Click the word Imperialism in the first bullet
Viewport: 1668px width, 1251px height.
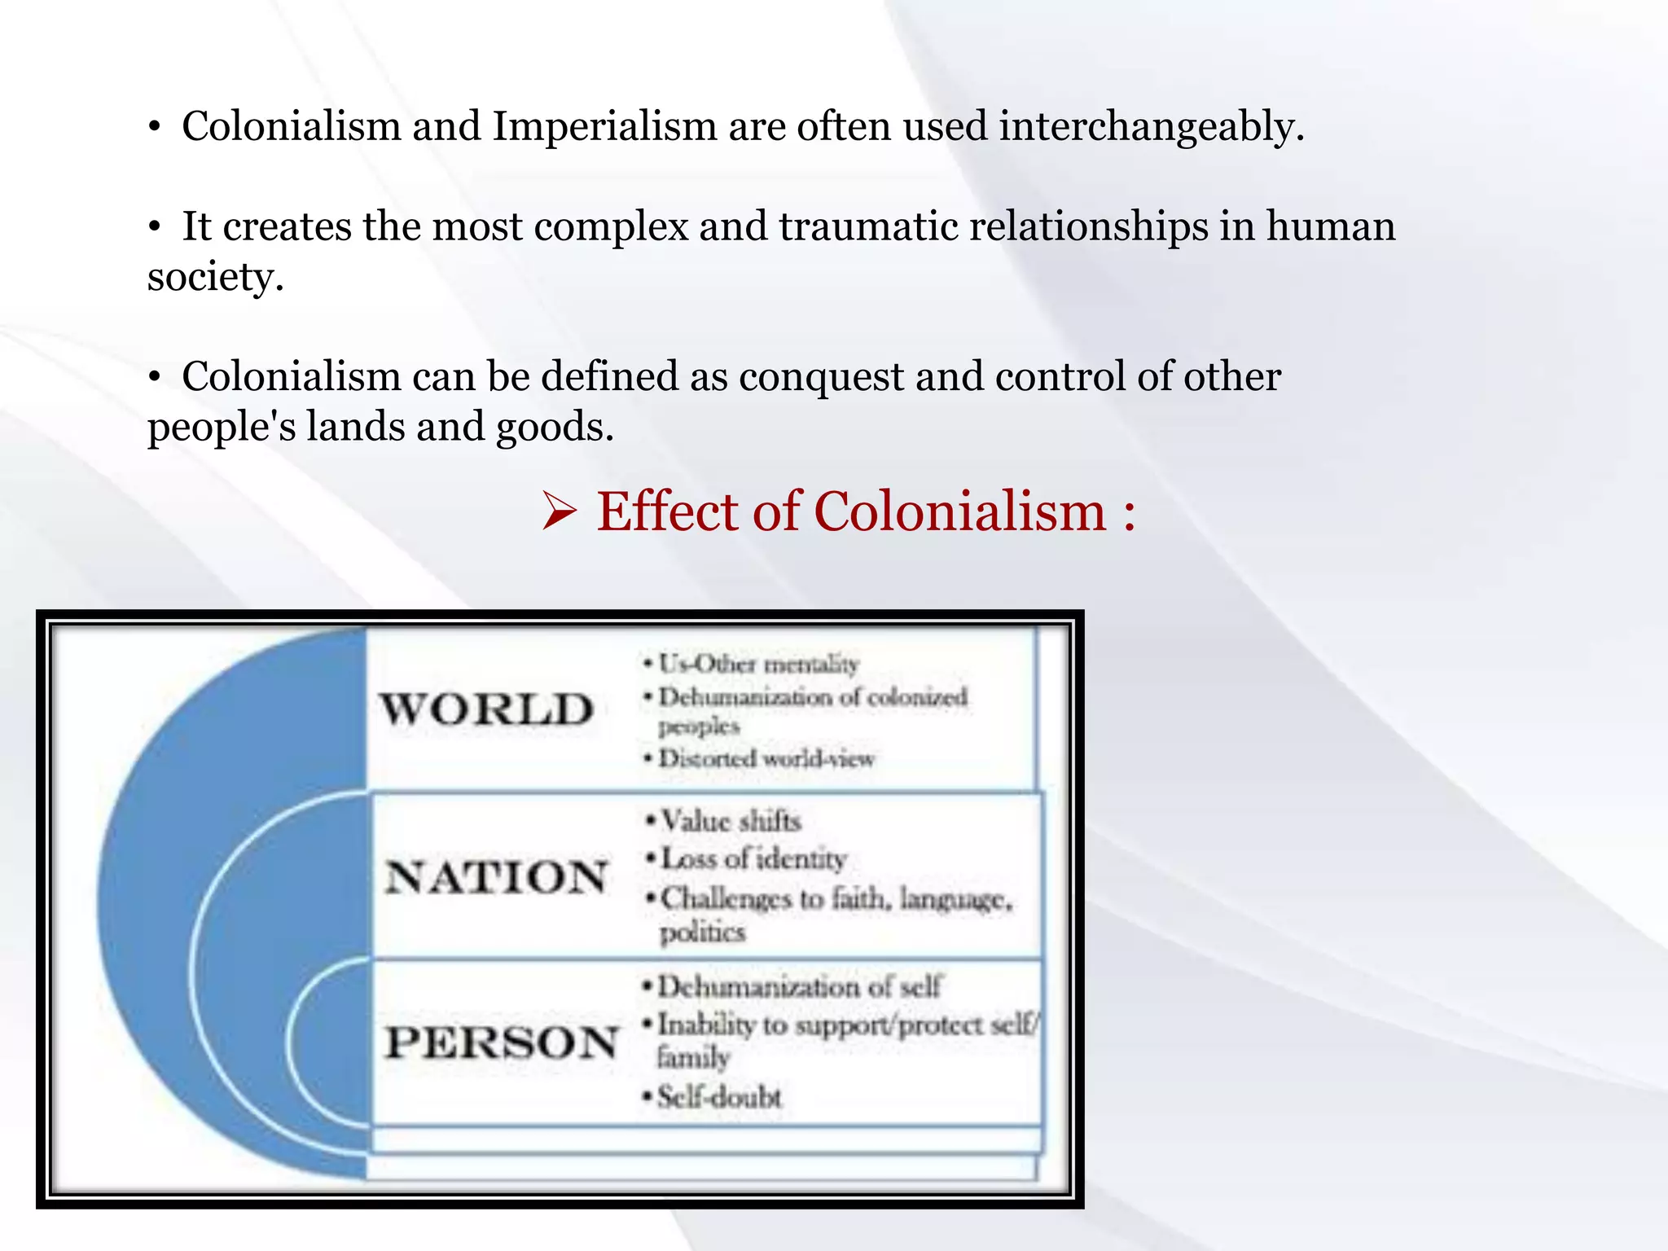[x=604, y=127]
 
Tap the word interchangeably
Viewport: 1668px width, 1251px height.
[x=1152, y=127]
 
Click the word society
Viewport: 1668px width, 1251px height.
[x=215, y=277]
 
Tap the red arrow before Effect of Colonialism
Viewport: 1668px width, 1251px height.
[x=560, y=513]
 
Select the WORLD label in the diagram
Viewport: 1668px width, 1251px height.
[x=487, y=709]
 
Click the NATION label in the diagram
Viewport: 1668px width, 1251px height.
[x=496, y=877]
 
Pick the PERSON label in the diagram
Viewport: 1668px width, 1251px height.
[x=502, y=1042]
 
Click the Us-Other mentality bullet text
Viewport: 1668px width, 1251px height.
[x=757, y=664]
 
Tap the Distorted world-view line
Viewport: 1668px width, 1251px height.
[x=766, y=759]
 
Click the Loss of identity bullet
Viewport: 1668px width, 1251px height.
[x=753, y=858]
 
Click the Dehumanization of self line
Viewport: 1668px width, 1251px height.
[x=798, y=987]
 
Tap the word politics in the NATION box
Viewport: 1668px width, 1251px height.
[x=702, y=932]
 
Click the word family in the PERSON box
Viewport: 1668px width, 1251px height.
[x=693, y=1058]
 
